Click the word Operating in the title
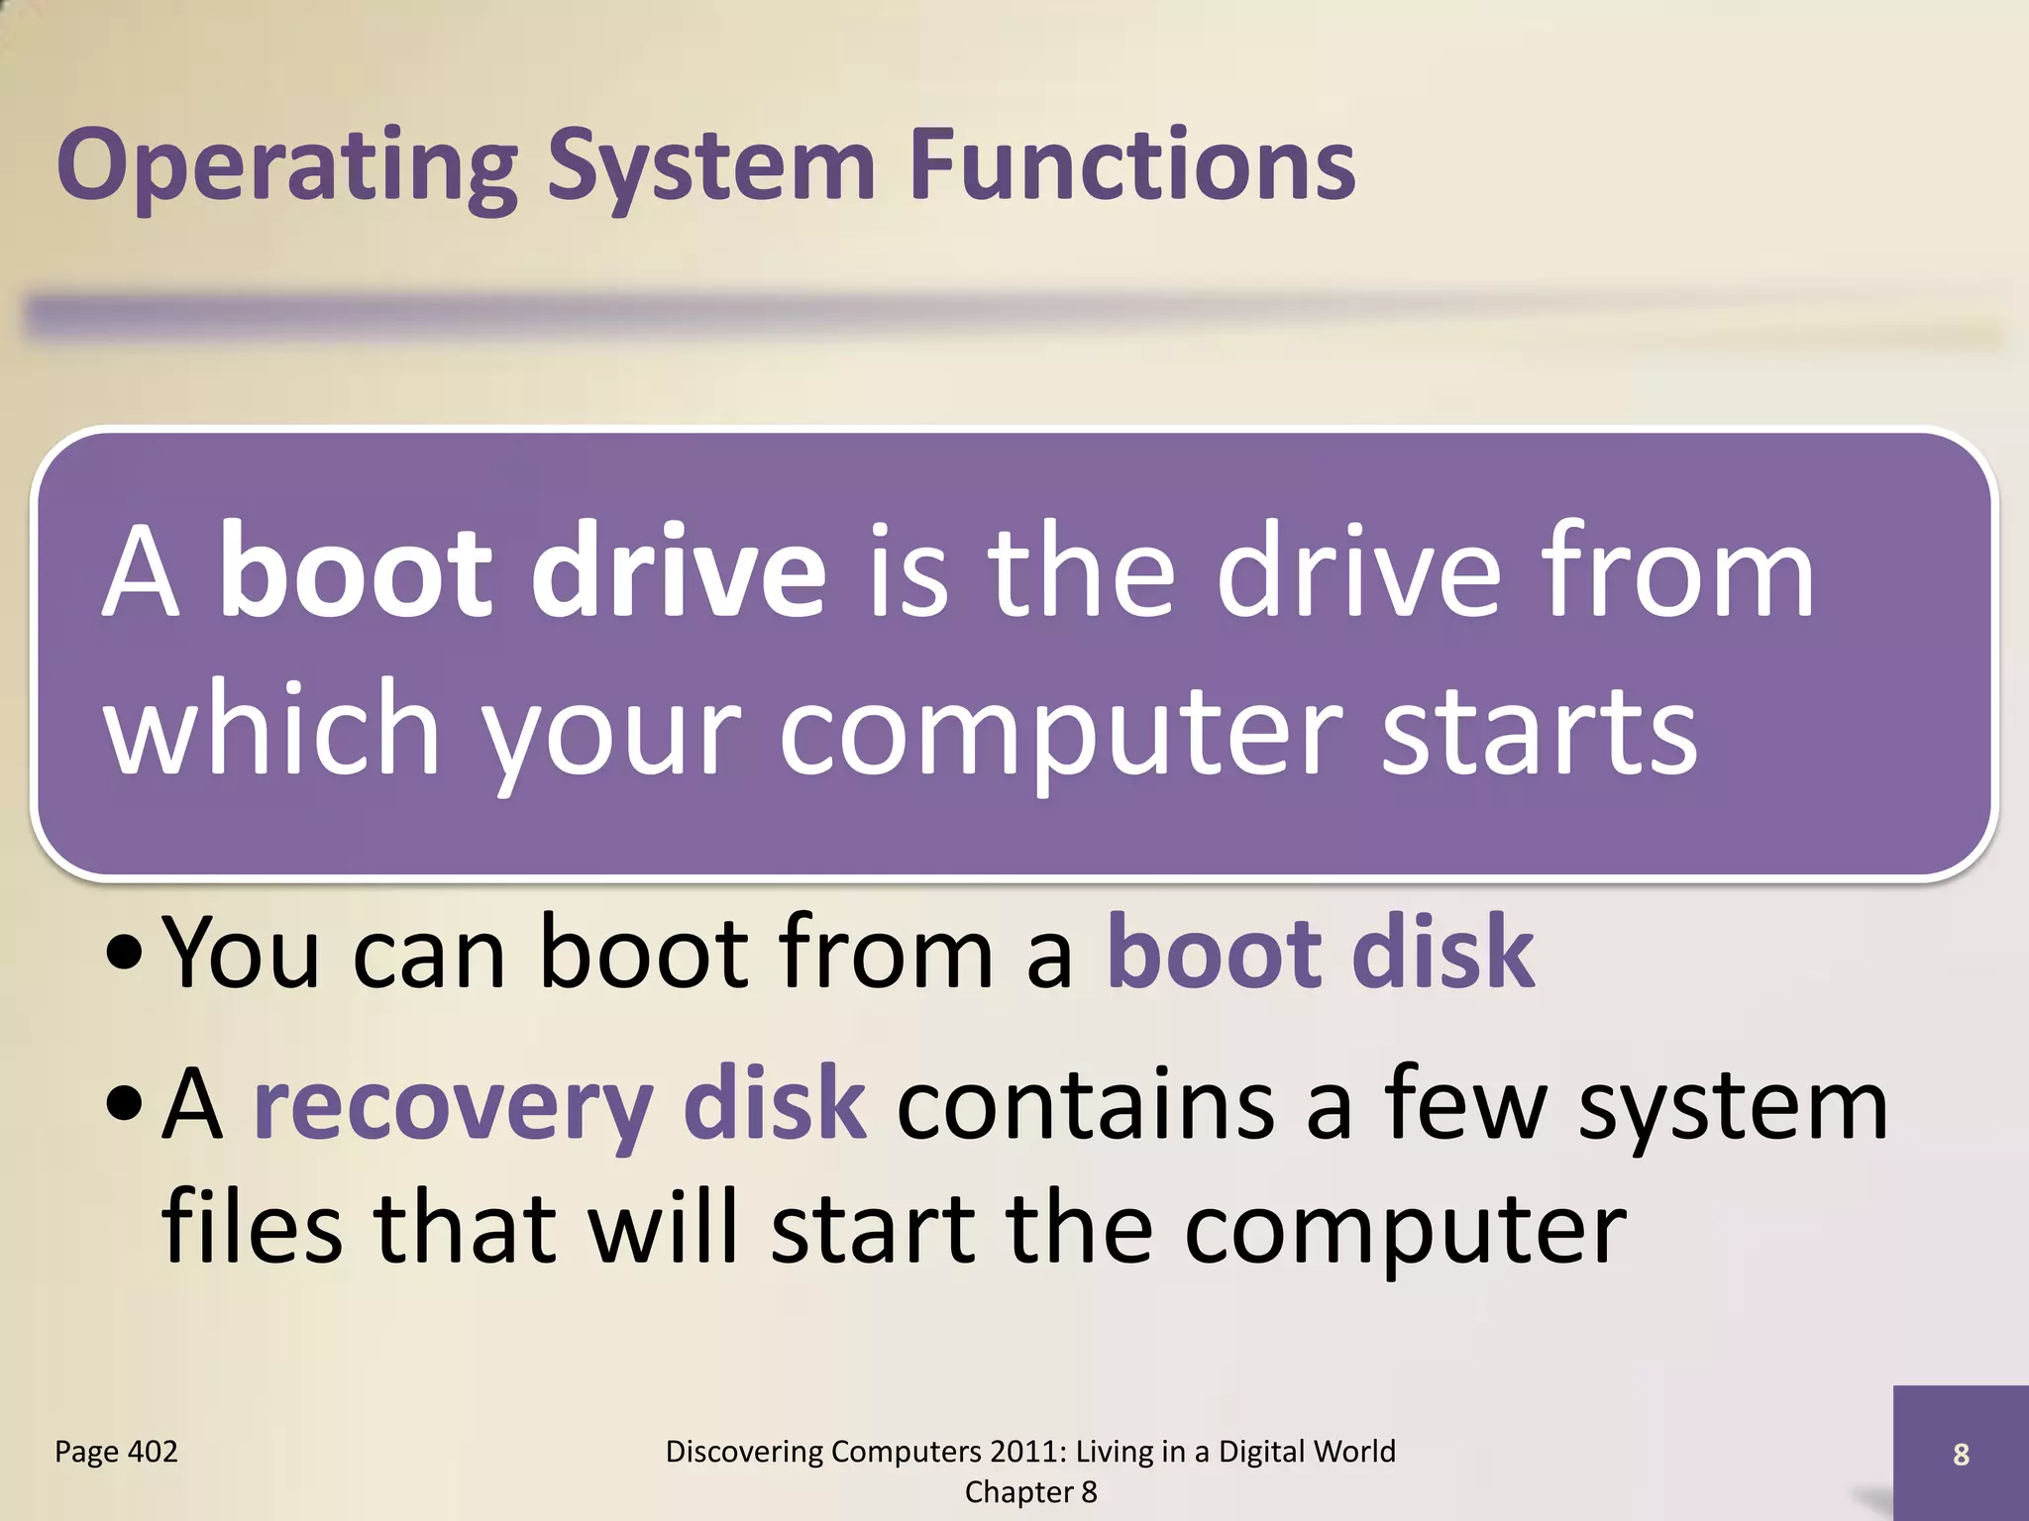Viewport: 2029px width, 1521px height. pos(287,165)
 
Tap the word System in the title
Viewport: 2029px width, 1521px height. pos(710,165)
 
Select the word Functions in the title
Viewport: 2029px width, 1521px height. pos(1131,165)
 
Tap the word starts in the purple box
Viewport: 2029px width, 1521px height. pos(1540,731)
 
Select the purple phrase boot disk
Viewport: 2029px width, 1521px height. pos(1321,953)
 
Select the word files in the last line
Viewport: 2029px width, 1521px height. pos(252,1228)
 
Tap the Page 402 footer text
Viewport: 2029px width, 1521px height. pos(116,1452)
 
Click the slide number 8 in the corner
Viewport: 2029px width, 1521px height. pos(1961,1455)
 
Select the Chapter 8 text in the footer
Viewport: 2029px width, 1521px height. pos(1030,1492)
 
